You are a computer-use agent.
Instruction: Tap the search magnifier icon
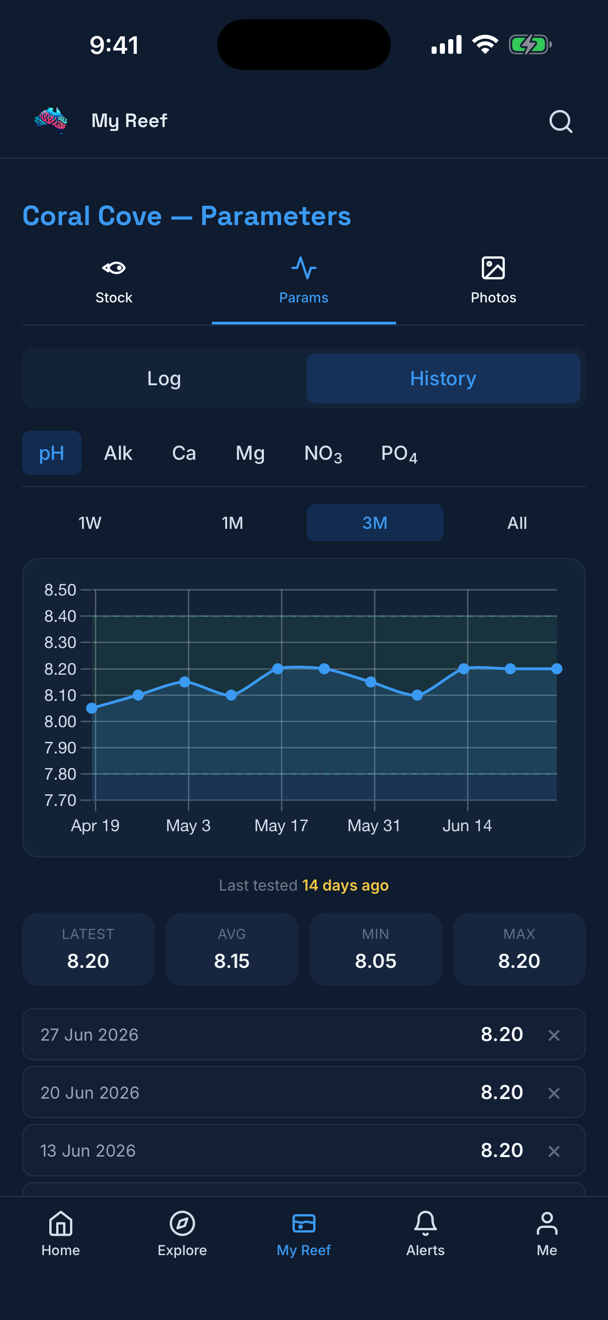(x=560, y=122)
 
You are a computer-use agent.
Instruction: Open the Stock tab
(x=114, y=281)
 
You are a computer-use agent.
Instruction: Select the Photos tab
(x=493, y=281)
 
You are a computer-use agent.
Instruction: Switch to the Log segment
(x=164, y=378)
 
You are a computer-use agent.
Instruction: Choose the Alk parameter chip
(x=118, y=453)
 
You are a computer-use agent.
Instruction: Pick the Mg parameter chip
(x=250, y=453)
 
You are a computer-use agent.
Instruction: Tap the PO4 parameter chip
(x=399, y=453)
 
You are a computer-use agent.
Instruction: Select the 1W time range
(x=90, y=523)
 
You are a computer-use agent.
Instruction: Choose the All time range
(x=517, y=523)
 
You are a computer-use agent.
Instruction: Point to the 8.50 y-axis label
(x=60, y=590)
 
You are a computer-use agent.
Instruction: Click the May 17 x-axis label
(x=281, y=826)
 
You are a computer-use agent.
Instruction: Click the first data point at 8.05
(x=92, y=708)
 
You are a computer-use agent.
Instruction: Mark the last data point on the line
(x=557, y=669)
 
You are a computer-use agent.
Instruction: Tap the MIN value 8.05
(x=376, y=961)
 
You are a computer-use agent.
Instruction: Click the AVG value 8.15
(x=232, y=961)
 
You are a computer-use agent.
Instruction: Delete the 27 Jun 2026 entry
(x=554, y=1035)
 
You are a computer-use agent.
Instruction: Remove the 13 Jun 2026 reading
(x=554, y=1151)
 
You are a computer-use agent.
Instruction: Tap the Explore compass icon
(x=182, y=1224)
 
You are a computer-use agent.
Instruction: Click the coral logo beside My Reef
(x=51, y=121)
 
